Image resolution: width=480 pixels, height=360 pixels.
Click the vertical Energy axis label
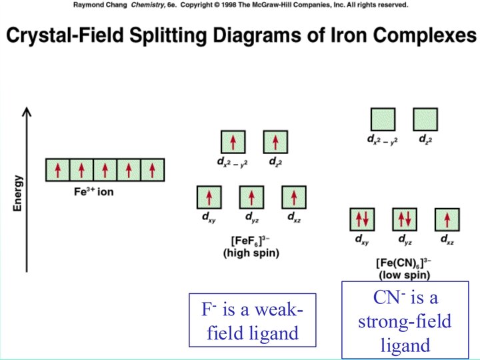pos(18,193)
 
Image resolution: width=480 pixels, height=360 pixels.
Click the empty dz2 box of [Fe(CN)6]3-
pos(425,119)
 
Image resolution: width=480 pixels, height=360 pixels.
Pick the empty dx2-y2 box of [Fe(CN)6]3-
pos(383,119)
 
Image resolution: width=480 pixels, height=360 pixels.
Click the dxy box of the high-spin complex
pos(209,197)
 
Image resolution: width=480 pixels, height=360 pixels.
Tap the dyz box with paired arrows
pos(404,219)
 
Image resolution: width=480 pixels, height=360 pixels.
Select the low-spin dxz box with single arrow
pos(447,219)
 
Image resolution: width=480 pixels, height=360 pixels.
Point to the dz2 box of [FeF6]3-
pos(275,142)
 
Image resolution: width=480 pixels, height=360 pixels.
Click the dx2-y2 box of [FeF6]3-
pos(233,142)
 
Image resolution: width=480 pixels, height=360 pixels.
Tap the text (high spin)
pos(251,253)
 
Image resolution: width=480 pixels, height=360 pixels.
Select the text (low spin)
pos(404,275)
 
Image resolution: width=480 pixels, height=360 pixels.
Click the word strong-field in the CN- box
pos(405,321)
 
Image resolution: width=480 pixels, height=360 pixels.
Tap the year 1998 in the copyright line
pos(239,4)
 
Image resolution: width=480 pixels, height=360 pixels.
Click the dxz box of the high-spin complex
pos(294,197)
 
